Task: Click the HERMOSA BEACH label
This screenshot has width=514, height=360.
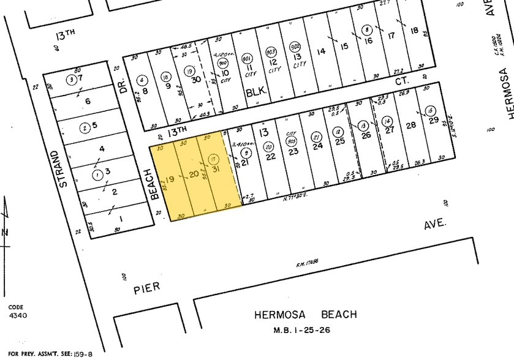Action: tap(306, 315)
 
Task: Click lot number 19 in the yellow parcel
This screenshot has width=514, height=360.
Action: tap(171, 179)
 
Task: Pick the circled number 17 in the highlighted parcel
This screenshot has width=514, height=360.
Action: tap(213, 159)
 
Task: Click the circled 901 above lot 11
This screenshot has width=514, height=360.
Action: tap(247, 57)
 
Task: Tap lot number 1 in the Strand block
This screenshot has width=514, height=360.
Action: tap(120, 219)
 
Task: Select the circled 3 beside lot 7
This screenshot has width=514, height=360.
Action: tap(72, 79)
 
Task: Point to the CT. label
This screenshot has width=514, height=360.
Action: tap(402, 79)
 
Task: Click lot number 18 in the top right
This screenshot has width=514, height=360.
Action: tap(415, 31)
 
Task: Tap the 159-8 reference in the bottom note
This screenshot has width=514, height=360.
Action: tap(83, 354)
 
